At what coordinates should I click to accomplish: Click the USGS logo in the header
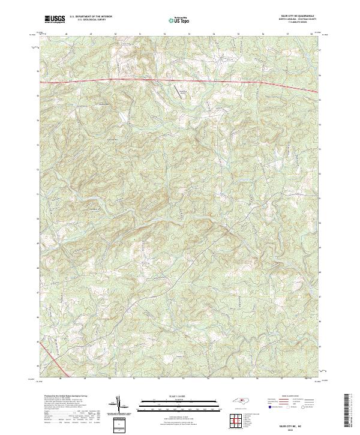55,19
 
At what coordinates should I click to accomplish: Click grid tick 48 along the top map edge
65,35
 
